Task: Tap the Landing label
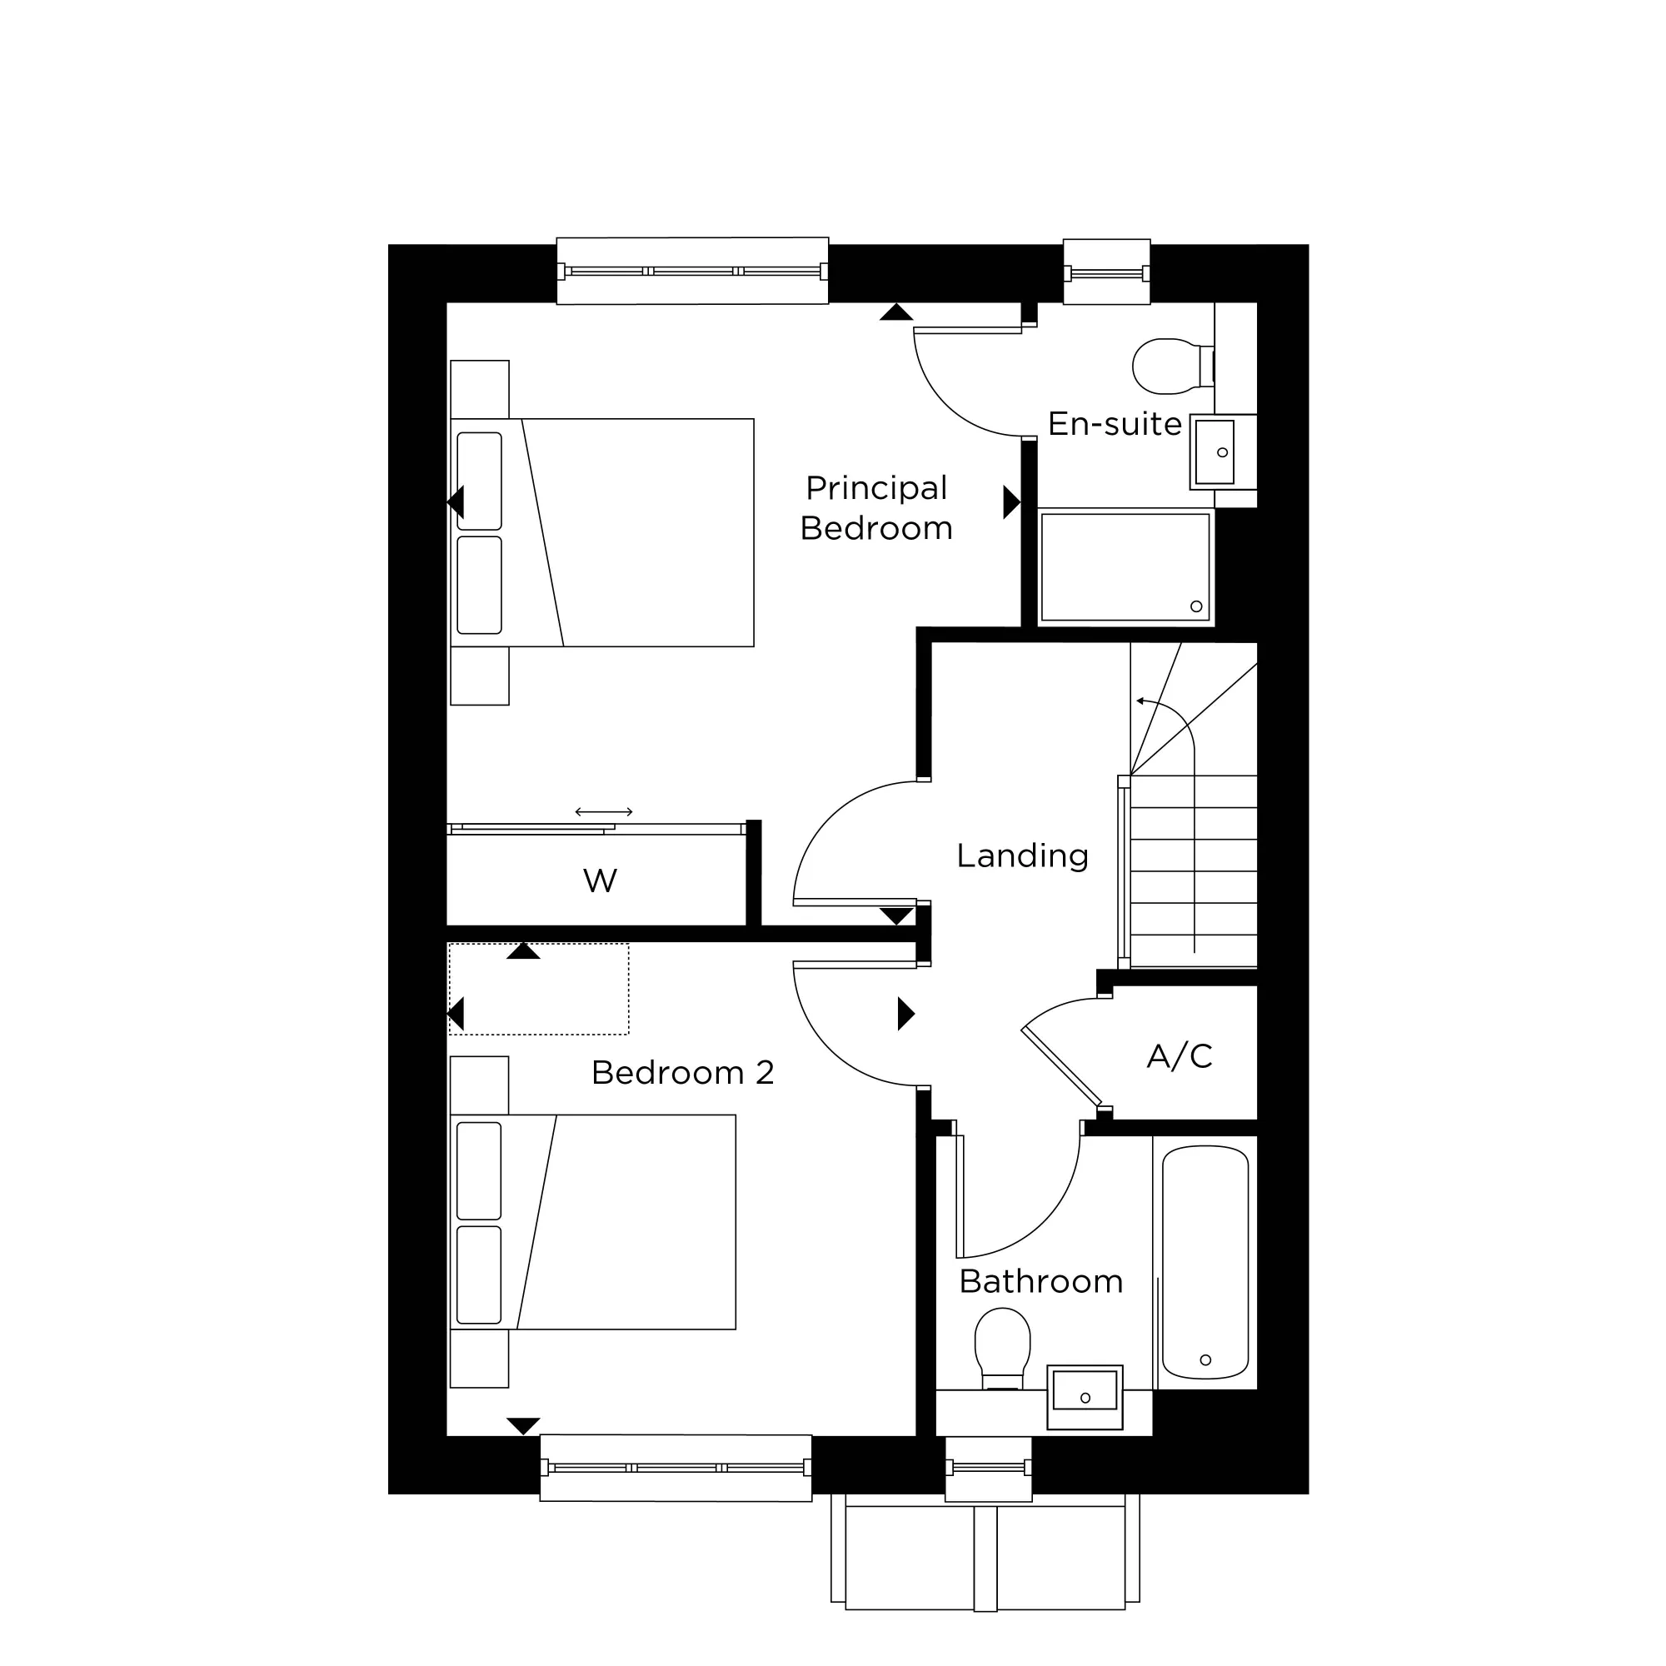tap(1022, 855)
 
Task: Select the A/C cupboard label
tap(1179, 1055)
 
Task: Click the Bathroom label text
tap(1040, 1281)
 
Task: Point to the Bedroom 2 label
tap(682, 1073)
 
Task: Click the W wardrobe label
tap(599, 880)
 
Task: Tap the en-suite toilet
tap(1169, 366)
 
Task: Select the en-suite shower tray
tap(1125, 566)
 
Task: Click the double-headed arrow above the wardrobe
tap(604, 811)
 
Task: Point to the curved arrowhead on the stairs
tap(1141, 701)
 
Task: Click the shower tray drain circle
tap(1196, 606)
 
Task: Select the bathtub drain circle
tap(1205, 1360)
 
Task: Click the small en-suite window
tap(1106, 273)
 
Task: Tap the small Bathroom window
tap(988, 1467)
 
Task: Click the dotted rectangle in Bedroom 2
tap(539, 988)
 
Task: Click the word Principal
tap(876, 488)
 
